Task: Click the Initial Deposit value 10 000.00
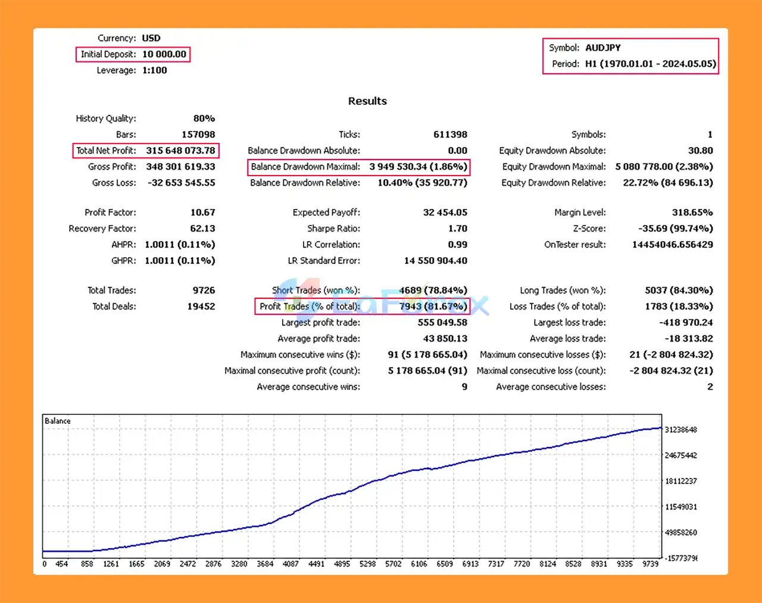pyautogui.click(x=164, y=54)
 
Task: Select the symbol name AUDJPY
pyautogui.click(x=602, y=48)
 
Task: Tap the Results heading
pyautogui.click(x=367, y=101)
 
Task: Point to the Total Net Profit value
pyautogui.click(x=180, y=151)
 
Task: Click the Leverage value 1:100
pyautogui.click(x=154, y=70)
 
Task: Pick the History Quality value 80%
pyautogui.click(x=204, y=118)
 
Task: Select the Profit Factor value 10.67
pyautogui.click(x=202, y=213)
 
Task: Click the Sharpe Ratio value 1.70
pyautogui.click(x=457, y=229)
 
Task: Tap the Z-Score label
pyautogui.click(x=589, y=229)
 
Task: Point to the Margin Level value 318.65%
pyautogui.click(x=692, y=213)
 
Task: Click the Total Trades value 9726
pyautogui.click(x=204, y=290)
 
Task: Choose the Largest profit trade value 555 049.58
pyautogui.click(x=442, y=323)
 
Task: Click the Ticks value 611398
pyautogui.click(x=450, y=135)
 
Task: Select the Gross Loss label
pyautogui.click(x=114, y=183)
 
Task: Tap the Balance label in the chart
pyautogui.click(x=58, y=421)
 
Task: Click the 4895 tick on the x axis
pyautogui.click(x=342, y=564)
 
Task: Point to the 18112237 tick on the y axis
pyautogui.click(x=680, y=481)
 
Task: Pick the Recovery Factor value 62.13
pyautogui.click(x=202, y=229)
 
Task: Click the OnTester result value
pyautogui.click(x=672, y=245)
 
